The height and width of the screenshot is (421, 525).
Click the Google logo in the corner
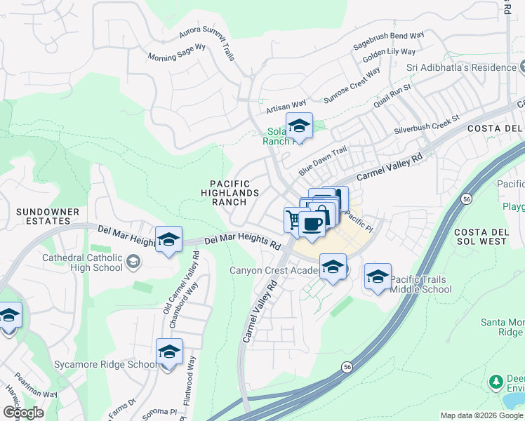click(x=23, y=413)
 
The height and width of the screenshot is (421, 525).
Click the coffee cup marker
click(x=312, y=224)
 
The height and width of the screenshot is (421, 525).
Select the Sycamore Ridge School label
click(x=105, y=364)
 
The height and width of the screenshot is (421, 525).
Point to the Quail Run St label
click(x=392, y=95)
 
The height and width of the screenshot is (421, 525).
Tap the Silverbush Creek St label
click(x=426, y=124)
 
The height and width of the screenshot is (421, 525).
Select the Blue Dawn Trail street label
click(x=323, y=161)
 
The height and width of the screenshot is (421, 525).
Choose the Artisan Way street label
click(x=286, y=106)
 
